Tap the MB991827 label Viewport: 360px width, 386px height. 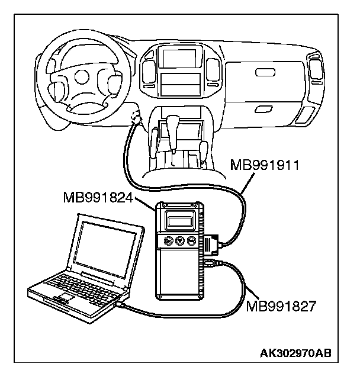click(x=281, y=305)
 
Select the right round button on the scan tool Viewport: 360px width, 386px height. click(x=191, y=240)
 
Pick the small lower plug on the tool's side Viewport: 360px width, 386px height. click(x=210, y=262)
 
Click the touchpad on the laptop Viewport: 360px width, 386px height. click(x=60, y=295)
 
